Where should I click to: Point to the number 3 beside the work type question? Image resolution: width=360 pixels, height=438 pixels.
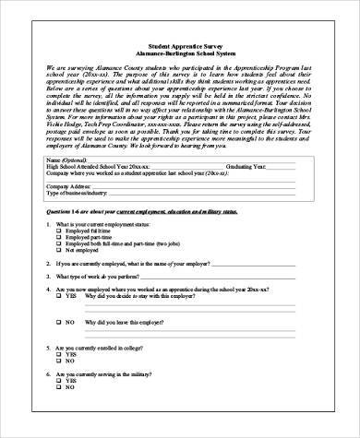click(48, 301)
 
